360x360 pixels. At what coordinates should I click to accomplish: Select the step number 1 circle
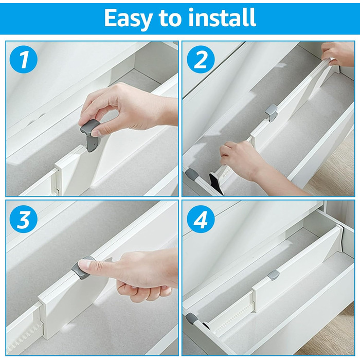(24, 59)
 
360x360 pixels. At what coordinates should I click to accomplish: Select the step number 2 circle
(201, 59)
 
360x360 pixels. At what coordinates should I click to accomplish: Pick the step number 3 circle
(24, 219)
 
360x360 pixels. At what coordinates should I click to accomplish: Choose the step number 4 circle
(201, 219)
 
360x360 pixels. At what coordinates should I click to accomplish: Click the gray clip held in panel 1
(91, 135)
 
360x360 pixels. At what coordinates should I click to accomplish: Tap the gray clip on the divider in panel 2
(272, 113)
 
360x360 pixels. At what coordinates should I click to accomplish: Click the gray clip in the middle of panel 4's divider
(273, 275)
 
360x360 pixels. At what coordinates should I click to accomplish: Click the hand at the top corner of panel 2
(338, 54)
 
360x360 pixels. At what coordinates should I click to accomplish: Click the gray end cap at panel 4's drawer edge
(192, 318)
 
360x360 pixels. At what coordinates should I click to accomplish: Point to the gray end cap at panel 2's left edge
(192, 174)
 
